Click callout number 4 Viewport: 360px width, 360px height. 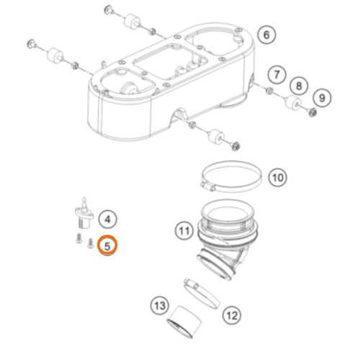pyautogui.click(x=107, y=218)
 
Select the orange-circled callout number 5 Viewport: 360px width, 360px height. pyautogui.click(x=107, y=246)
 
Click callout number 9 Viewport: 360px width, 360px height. pyautogui.click(x=322, y=96)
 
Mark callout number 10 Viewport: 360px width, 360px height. pyautogui.click(x=276, y=176)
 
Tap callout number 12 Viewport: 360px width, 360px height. pyautogui.click(x=232, y=314)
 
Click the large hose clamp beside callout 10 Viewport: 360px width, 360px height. pyautogui.click(x=230, y=175)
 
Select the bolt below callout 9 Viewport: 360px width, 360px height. pyautogui.click(x=310, y=112)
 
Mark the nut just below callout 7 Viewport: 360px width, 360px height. pyautogui.click(x=269, y=91)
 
